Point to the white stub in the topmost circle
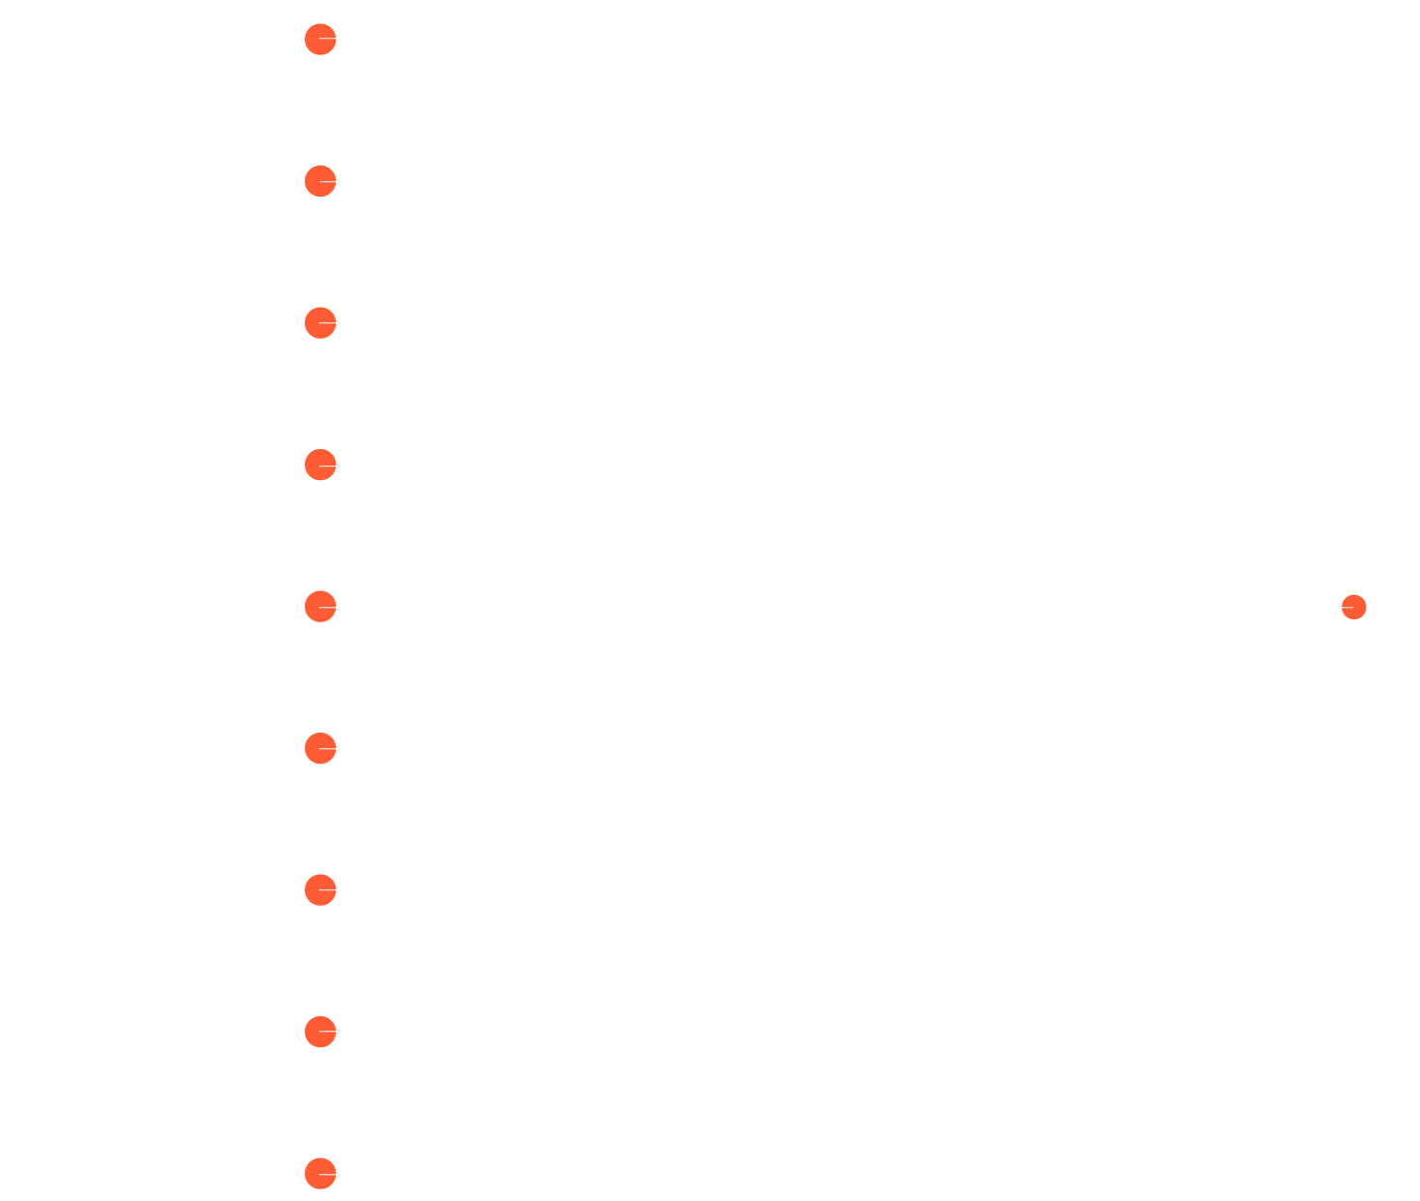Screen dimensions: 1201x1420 (328, 39)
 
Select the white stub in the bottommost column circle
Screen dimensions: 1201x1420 (328, 1173)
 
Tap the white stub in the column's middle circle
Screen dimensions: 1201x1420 (328, 606)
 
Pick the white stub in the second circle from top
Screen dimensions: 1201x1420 (328, 181)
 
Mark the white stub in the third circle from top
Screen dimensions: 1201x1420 (328, 322)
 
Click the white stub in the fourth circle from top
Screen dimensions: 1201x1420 (328, 465)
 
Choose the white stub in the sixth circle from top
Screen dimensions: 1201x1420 (328, 748)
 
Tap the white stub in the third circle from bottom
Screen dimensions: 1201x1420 (328, 889)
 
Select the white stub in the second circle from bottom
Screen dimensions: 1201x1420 (328, 1032)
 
